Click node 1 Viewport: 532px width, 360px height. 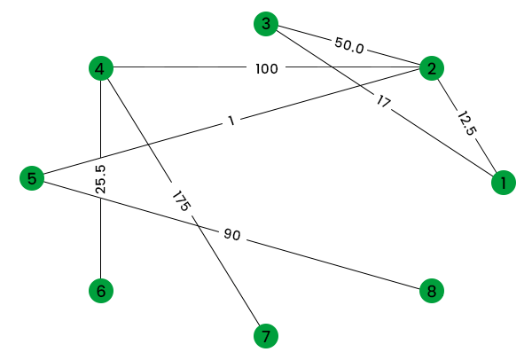tap(503, 184)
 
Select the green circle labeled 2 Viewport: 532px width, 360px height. tap(431, 68)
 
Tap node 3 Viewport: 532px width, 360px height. tap(265, 24)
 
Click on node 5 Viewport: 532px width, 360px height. tap(32, 179)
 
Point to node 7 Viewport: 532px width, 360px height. tap(265, 336)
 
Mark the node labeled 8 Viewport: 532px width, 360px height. tap(431, 290)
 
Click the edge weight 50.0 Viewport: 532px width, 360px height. tap(348, 43)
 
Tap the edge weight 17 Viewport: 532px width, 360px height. tap(383, 102)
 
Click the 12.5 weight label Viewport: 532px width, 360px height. tap(467, 122)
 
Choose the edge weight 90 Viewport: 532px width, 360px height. tap(232, 235)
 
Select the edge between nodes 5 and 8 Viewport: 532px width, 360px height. tap(337, 264)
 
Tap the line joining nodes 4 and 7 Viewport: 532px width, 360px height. tap(222, 266)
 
